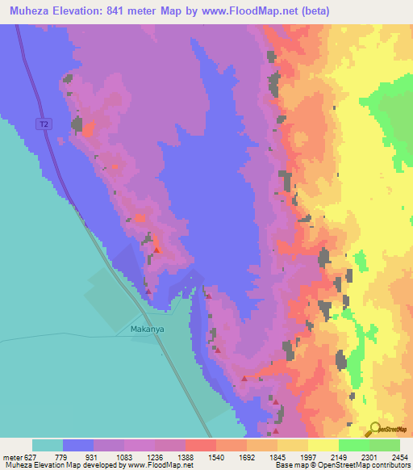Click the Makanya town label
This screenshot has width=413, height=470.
(x=147, y=329)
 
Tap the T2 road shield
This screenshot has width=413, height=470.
(x=44, y=124)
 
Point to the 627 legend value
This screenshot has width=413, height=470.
(x=27, y=457)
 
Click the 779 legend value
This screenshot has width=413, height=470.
(x=62, y=457)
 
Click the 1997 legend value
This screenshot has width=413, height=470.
(x=307, y=457)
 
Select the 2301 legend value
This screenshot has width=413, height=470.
(x=369, y=457)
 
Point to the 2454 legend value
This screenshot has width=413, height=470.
(x=399, y=457)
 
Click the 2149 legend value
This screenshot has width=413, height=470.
(x=338, y=457)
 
